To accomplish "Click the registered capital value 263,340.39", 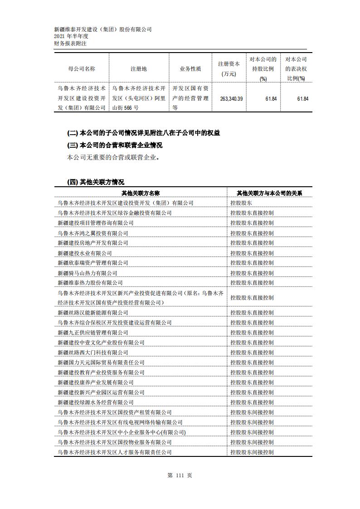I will pos(231,98).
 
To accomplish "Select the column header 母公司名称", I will pos(82,69).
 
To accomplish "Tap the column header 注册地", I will pos(139,69).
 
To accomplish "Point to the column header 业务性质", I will pos(190,69).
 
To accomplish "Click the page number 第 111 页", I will pos(180,475).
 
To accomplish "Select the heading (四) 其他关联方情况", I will pos(95,182).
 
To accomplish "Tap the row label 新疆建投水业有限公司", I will pos(85,253).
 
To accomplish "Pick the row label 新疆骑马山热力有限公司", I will pos(88,273).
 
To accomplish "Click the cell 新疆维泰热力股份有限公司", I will pos(90,283).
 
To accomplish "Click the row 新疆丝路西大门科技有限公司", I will pos(93,353).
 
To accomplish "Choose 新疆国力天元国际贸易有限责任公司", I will pos(101,363).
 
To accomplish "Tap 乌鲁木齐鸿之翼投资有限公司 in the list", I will pos(93,233).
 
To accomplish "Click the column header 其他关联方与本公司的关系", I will pos(269,193).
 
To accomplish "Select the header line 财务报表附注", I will pos(70,44).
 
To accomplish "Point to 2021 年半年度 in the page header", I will pos(71,37).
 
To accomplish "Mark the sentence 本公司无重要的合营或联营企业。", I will pos(113,158).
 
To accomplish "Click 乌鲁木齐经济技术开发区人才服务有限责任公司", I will pos(115,452).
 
